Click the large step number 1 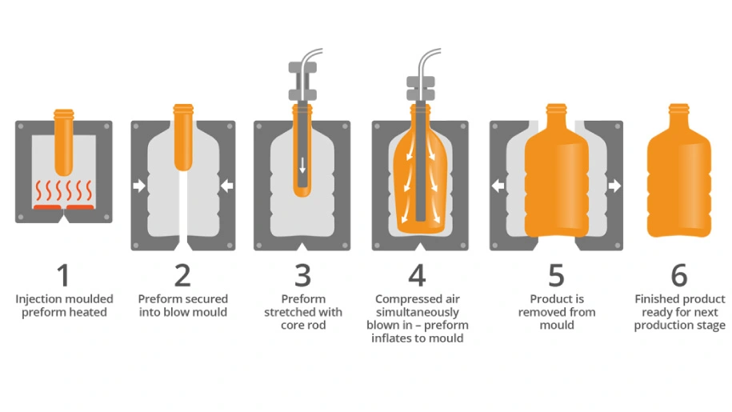[x=64, y=275]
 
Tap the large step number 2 [x=182, y=275]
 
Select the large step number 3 [x=303, y=275]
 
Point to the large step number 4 [x=417, y=275]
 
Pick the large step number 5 [x=556, y=275]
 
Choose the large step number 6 [x=679, y=275]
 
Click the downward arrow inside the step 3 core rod [x=302, y=165]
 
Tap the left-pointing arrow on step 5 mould [x=498, y=186]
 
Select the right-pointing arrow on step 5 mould [x=614, y=186]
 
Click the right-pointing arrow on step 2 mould [x=139, y=186]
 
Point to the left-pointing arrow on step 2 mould [x=227, y=186]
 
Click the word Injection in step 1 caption [x=38, y=299]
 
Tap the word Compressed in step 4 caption [x=404, y=299]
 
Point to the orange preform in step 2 [x=183, y=137]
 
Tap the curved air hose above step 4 [x=427, y=62]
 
